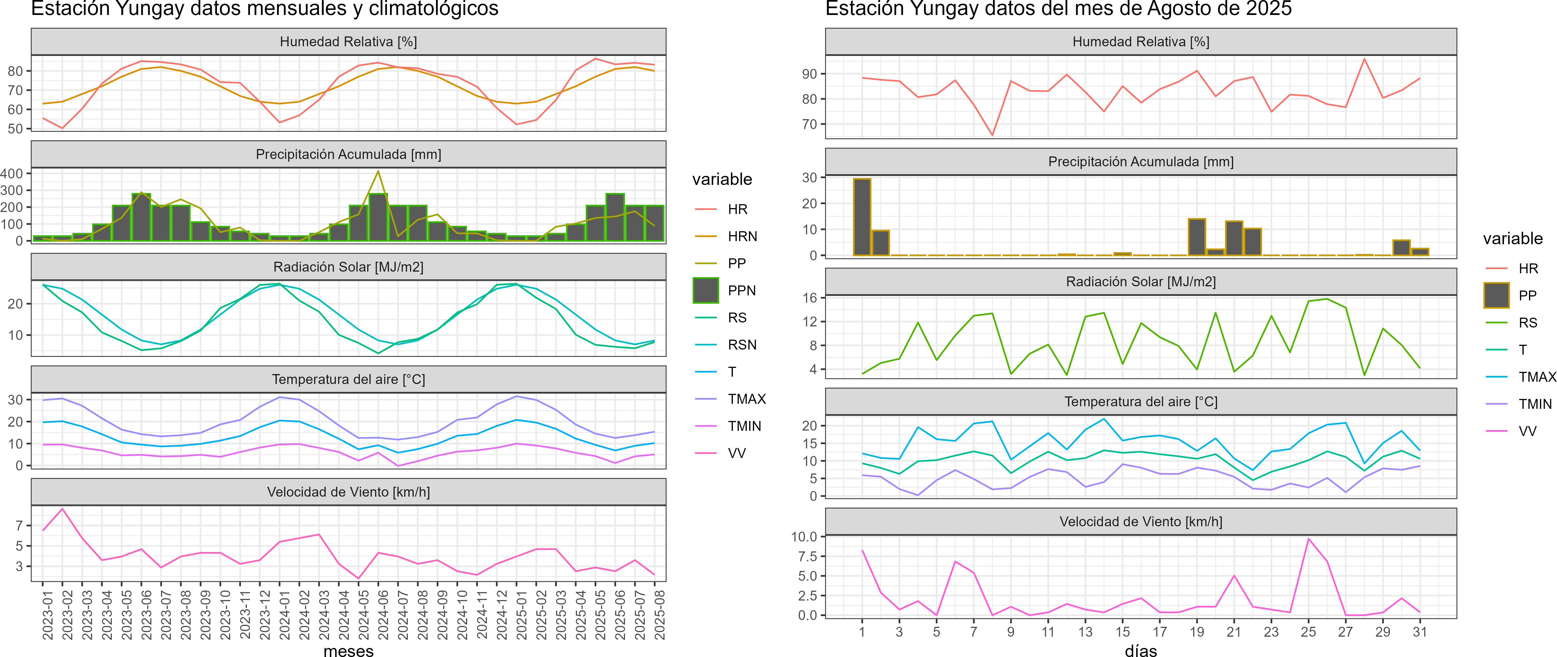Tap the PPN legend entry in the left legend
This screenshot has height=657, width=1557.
point(741,291)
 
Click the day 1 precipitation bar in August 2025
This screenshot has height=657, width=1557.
point(862,216)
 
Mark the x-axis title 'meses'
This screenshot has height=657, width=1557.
point(349,650)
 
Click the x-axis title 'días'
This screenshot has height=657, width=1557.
point(1140,650)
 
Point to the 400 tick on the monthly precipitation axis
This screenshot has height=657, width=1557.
point(12,173)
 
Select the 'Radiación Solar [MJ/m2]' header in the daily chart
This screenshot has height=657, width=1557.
point(1140,282)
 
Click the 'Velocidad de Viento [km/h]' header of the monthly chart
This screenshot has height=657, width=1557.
point(349,492)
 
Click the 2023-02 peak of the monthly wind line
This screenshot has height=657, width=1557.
point(62,509)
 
